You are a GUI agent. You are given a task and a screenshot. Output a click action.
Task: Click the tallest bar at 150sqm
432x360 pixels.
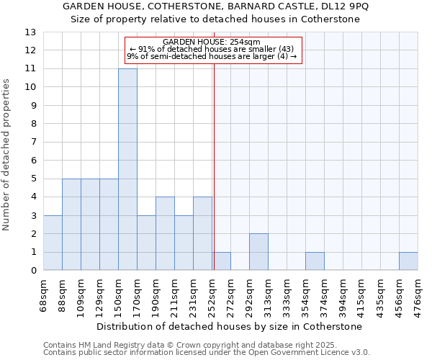(x=127, y=169)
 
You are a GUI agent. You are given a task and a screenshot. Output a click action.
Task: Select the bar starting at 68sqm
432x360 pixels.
(x=53, y=243)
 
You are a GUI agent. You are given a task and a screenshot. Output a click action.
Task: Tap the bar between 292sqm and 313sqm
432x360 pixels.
(x=258, y=252)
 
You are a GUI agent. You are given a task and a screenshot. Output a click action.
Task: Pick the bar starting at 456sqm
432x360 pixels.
(x=408, y=261)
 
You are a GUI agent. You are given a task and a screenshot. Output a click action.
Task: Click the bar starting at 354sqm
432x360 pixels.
(x=315, y=261)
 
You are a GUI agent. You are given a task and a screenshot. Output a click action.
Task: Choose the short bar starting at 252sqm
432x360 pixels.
(x=222, y=261)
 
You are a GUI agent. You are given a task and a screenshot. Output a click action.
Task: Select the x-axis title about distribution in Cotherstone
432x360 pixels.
(x=229, y=326)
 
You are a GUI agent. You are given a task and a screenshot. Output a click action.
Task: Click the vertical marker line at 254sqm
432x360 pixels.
(x=214, y=166)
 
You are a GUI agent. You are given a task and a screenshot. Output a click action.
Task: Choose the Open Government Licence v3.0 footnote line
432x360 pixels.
(x=207, y=352)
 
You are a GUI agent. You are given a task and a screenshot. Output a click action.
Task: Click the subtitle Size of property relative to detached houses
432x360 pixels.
(x=215, y=19)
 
